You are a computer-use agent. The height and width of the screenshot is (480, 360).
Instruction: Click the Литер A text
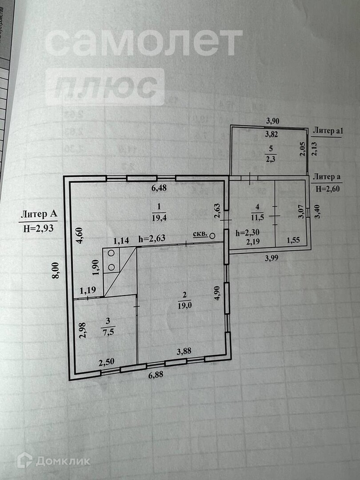(39, 215)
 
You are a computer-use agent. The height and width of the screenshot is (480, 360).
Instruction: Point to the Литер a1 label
(328, 131)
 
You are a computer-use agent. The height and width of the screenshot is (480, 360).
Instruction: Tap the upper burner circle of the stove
(111, 253)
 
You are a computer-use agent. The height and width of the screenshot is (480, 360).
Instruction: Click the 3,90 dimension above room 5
(273, 120)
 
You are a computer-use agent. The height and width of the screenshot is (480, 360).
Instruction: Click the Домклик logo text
(63, 461)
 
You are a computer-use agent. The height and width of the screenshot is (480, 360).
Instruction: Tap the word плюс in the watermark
(109, 87)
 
